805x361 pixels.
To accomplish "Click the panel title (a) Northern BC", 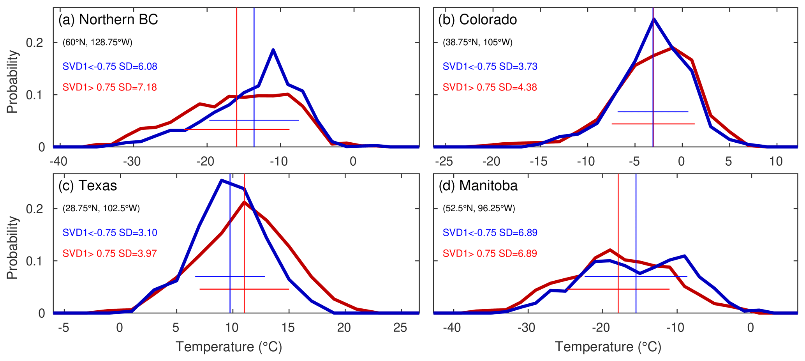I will [x=108, y=19].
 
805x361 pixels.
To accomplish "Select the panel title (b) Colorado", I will [x=477, y=19].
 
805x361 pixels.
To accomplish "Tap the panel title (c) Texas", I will [x=88, y=186].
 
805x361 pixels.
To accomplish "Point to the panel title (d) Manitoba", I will [x=478, y=186].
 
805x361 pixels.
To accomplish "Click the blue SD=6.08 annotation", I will [x=110, y=67].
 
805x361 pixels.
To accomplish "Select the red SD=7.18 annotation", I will [x=110, y=87].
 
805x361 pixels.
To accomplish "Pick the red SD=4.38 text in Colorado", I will [x=490, y=87].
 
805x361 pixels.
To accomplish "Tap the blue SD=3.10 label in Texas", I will [x=110, y=233].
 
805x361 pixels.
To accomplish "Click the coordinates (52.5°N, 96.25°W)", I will [x=479, y=209].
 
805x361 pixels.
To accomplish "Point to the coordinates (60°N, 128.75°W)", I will [x=97, y=42].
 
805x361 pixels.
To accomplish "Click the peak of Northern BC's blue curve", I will [x=273, y=50].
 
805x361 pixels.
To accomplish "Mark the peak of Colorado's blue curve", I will [x=654, y=19].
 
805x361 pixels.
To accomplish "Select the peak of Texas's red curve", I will [x=244, y=202].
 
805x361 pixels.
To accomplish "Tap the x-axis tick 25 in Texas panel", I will [x=400, y=328].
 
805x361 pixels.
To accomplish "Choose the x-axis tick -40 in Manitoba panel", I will [x=452, y=328].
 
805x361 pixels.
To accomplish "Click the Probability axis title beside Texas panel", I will [x=12, y=248].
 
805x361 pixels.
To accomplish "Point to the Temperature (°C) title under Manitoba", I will [x=608, y=347].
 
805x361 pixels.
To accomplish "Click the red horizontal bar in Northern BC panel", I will [x=237, y=129].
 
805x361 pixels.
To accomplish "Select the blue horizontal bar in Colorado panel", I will [x=653, y=112].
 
